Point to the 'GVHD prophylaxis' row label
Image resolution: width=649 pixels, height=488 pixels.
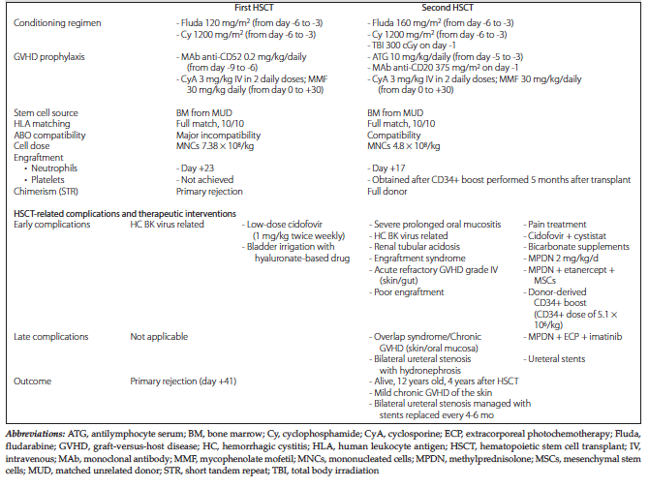pyautogui.click(x=48, y=59)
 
